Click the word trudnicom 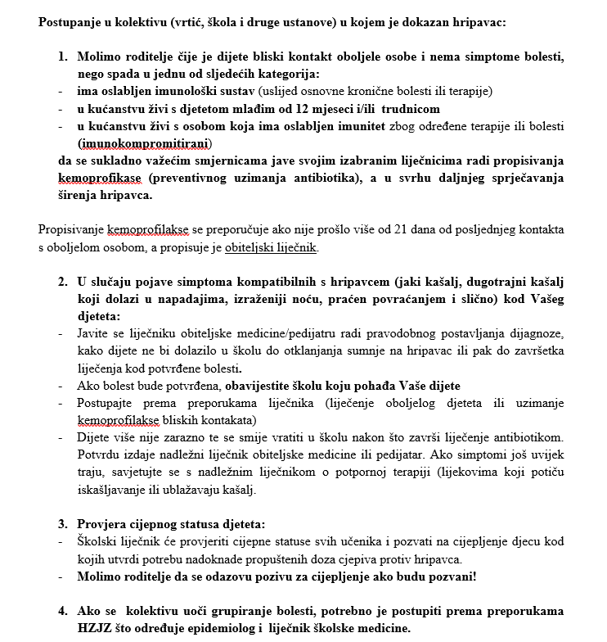(410, 109)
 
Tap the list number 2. (63, 282)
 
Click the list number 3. (63, 524)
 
